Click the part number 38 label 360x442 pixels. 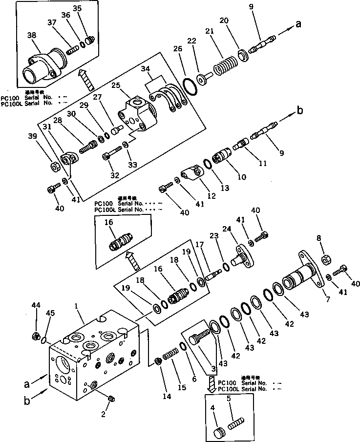click(31, 36)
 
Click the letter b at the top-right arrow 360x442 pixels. click(300, 110)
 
